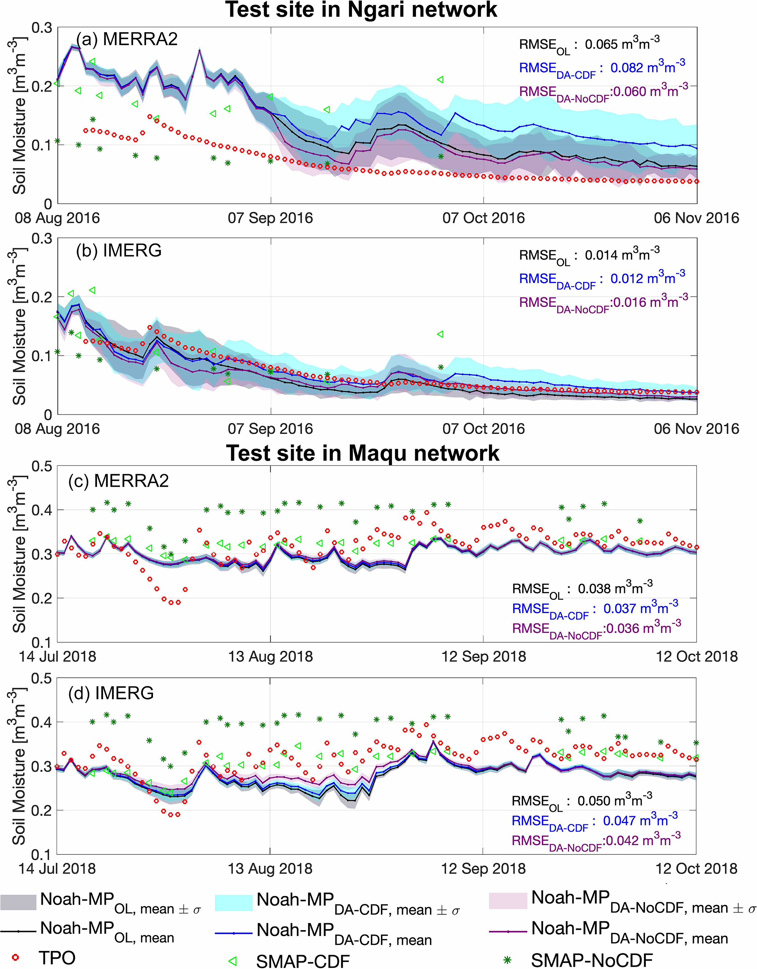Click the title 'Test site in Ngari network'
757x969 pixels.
(x=361, y=10)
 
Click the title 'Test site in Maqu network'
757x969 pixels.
(x=363, y=453)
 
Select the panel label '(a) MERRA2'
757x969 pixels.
(x=127, y=40)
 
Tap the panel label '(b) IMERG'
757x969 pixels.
(x=119, y=251)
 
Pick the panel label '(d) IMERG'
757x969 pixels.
(x=111, y=693)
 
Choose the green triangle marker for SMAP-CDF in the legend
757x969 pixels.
(x=232, y=961)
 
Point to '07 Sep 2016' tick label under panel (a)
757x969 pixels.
(x=270, y=218)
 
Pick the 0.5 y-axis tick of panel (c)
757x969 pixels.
(x=42, y=466)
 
